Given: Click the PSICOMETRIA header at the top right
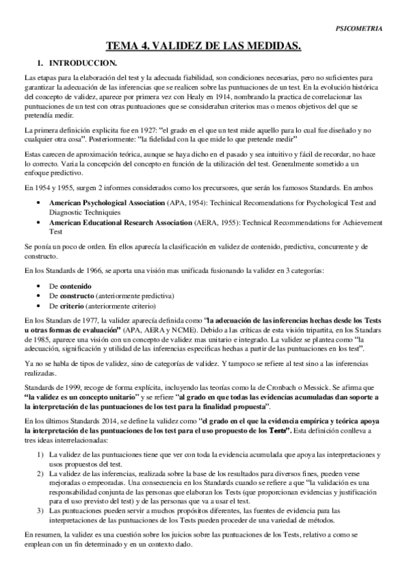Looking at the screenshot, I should [x=359, y=29].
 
